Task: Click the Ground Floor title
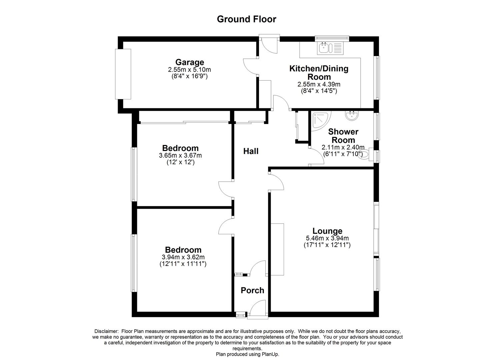click(246, 19)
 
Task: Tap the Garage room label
click(190, 62)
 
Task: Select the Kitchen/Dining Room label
click(319, 73)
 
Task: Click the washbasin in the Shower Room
click(352, 116)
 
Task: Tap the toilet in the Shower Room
click(365, 155)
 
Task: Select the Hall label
click(251, 151)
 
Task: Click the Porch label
click(252, 290)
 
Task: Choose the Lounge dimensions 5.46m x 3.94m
click(327, 238)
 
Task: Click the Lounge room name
click(327, 231)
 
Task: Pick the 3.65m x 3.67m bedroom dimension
click(180, 155)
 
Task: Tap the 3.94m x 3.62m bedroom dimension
click(183, 257)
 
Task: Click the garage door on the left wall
click(123, 74)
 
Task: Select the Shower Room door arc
click(317, 157)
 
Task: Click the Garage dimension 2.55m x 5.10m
click(190, 70)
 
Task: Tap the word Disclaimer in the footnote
click(106, 331)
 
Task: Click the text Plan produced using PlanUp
click(247, 354)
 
